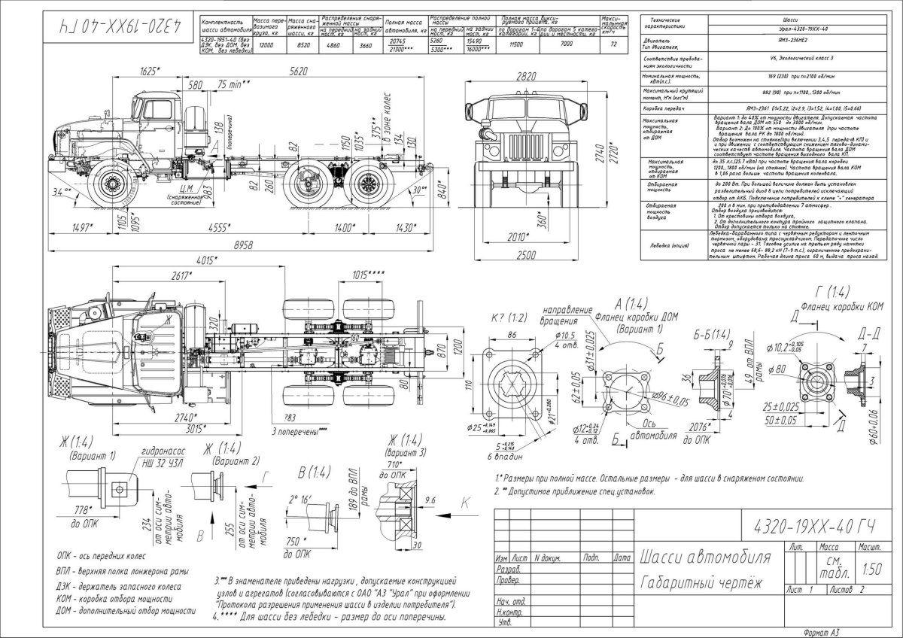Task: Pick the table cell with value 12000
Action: point(266,45)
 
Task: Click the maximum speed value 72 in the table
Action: point(615,45)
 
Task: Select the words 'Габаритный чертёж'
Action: point(701,583)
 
